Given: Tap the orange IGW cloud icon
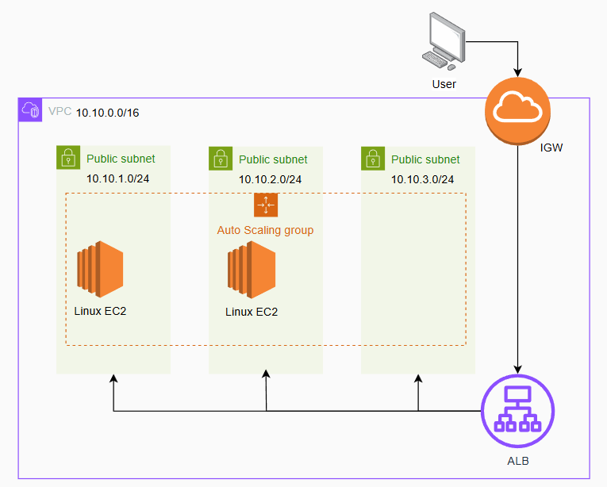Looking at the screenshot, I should tap(517, 111).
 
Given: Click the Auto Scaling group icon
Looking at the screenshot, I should tap(266, 205).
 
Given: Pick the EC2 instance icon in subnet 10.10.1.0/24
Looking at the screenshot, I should tap(100, 268).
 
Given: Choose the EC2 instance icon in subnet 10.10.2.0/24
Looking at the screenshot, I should tap(251, 268).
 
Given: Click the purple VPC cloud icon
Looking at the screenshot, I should tap(31, 110).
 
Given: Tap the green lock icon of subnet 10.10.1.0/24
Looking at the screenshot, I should tap(68, 158).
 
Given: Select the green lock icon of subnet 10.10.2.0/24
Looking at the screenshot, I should tap(221, 158).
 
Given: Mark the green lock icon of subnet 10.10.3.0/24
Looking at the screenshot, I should tap(373, 158).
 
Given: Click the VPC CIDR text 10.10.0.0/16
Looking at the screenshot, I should tap(108, 113).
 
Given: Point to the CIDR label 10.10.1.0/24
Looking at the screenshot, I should tap(117, 178).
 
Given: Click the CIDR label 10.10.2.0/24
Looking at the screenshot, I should tap(270, 179).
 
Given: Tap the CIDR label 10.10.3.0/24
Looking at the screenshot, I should tap(422, 179).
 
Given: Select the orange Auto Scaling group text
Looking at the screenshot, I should tap(265, 230).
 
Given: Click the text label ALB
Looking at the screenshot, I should tap(517, 462).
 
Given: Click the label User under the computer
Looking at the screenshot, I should tap(444, 83).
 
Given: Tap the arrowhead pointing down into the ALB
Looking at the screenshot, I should tap(517, 368).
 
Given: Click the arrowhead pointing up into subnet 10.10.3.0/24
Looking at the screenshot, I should tap(418, 380).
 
